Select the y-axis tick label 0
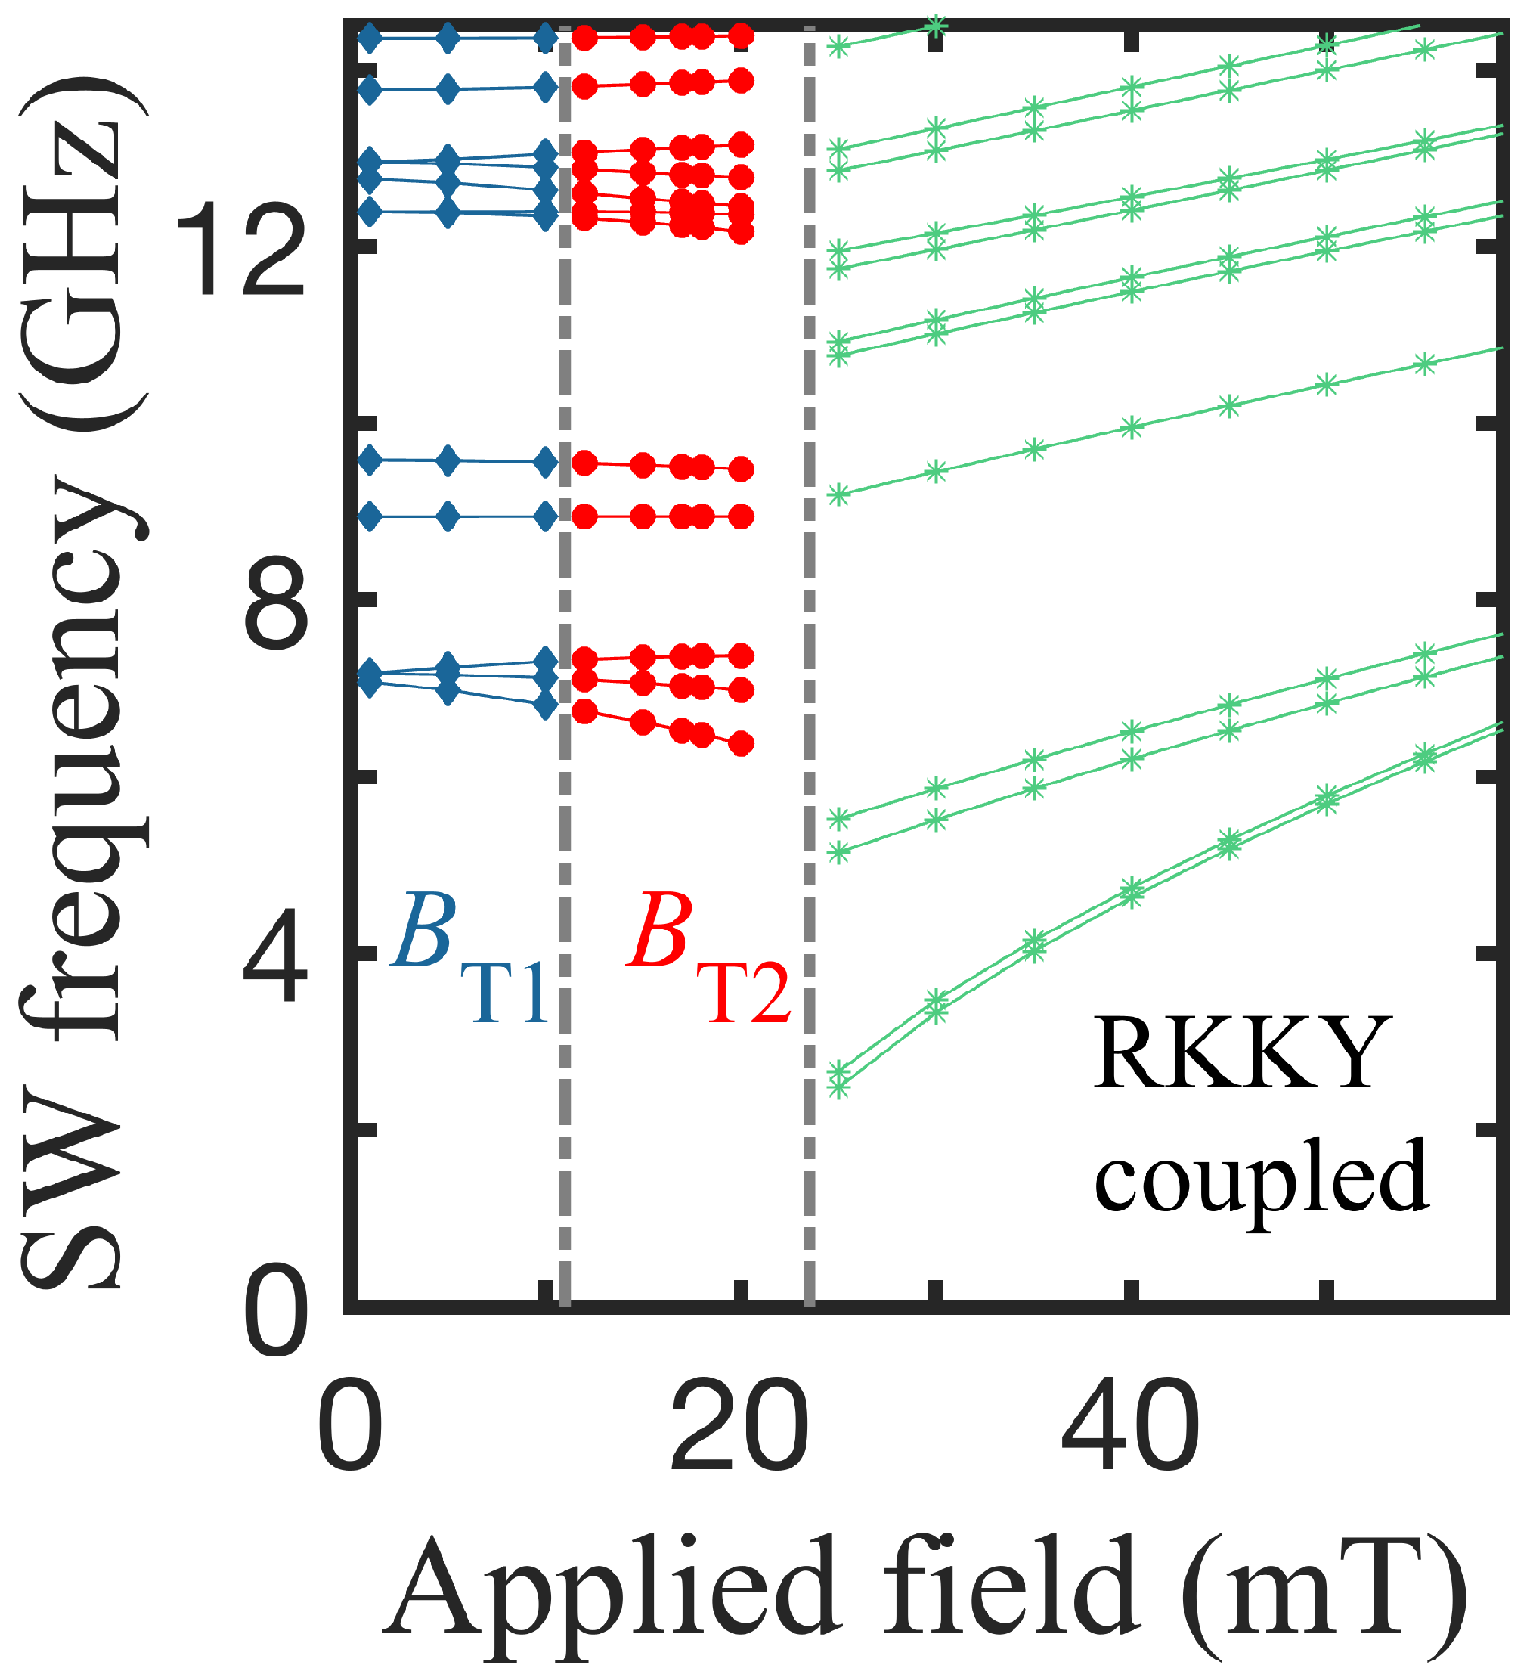[x=274, y=1313]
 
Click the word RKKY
[x=1243, y=1053]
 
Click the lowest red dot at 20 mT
[x=741, y=744]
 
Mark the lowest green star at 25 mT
[x=838, y=1088]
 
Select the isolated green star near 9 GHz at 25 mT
[x=838, y=495]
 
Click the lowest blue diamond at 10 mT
[x=546, y=705]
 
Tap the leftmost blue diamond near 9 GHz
[x=370, y=517]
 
